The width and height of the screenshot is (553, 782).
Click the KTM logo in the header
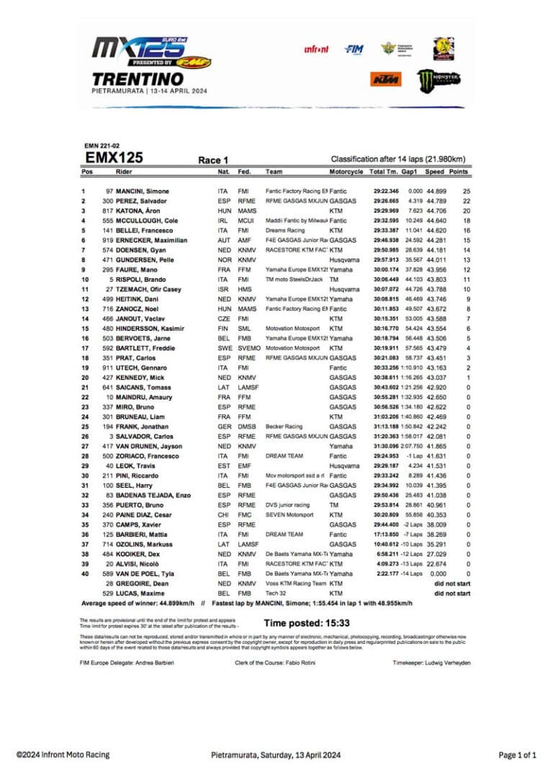pos(386,78)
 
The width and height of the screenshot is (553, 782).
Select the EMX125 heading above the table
pos(114,158)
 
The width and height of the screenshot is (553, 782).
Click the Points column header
pos(458,173)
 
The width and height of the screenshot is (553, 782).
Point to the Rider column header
pos(124,173)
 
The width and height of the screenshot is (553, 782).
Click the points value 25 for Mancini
pos(466,191)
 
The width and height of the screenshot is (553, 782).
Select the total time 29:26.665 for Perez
pos(385,201)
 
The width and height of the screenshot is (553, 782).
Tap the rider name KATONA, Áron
pos(141,211)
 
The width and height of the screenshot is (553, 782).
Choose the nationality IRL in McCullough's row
pos(222,221)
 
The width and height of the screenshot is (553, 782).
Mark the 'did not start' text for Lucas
pos(452,594)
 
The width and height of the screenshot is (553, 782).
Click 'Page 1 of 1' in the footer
pos(517,755)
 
